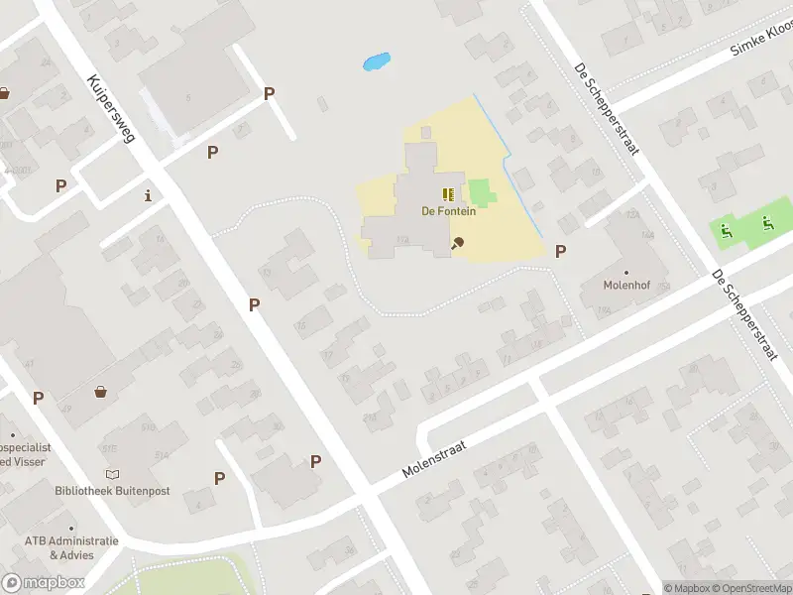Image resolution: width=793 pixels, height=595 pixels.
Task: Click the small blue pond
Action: tap(377, 62)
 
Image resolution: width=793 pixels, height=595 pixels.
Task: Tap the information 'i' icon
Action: tap(149, 194)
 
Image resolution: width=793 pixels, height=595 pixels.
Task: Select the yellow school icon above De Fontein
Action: tap(447, 193)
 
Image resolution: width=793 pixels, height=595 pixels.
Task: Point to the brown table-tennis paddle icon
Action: tap(457, 242)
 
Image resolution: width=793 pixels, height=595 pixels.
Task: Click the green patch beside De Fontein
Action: tap(480, 192)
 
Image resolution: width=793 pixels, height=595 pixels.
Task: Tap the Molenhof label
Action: tap(625, 285)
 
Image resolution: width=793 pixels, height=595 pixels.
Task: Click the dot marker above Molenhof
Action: tap(626, 272)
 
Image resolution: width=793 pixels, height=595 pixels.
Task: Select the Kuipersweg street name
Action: tap(110, 108)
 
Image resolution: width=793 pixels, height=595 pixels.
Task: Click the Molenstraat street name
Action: tap(434, 459)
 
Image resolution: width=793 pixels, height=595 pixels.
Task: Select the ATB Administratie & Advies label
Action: tap(72, 547)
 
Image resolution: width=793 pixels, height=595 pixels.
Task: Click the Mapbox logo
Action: tap(44, 583)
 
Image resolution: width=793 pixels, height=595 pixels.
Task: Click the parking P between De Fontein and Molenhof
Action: tap(560, 252)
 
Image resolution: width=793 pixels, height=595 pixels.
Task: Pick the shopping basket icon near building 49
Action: tap(100, 392)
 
